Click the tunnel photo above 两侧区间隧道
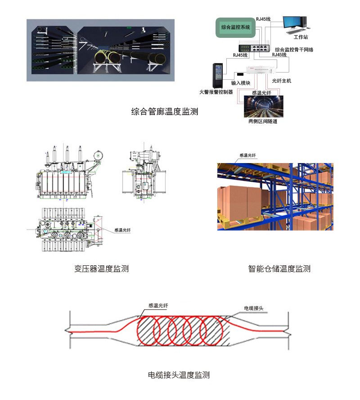262,107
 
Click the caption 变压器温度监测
101,269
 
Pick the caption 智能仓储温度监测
279,269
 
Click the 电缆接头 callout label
253,308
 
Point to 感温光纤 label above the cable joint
158,305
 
